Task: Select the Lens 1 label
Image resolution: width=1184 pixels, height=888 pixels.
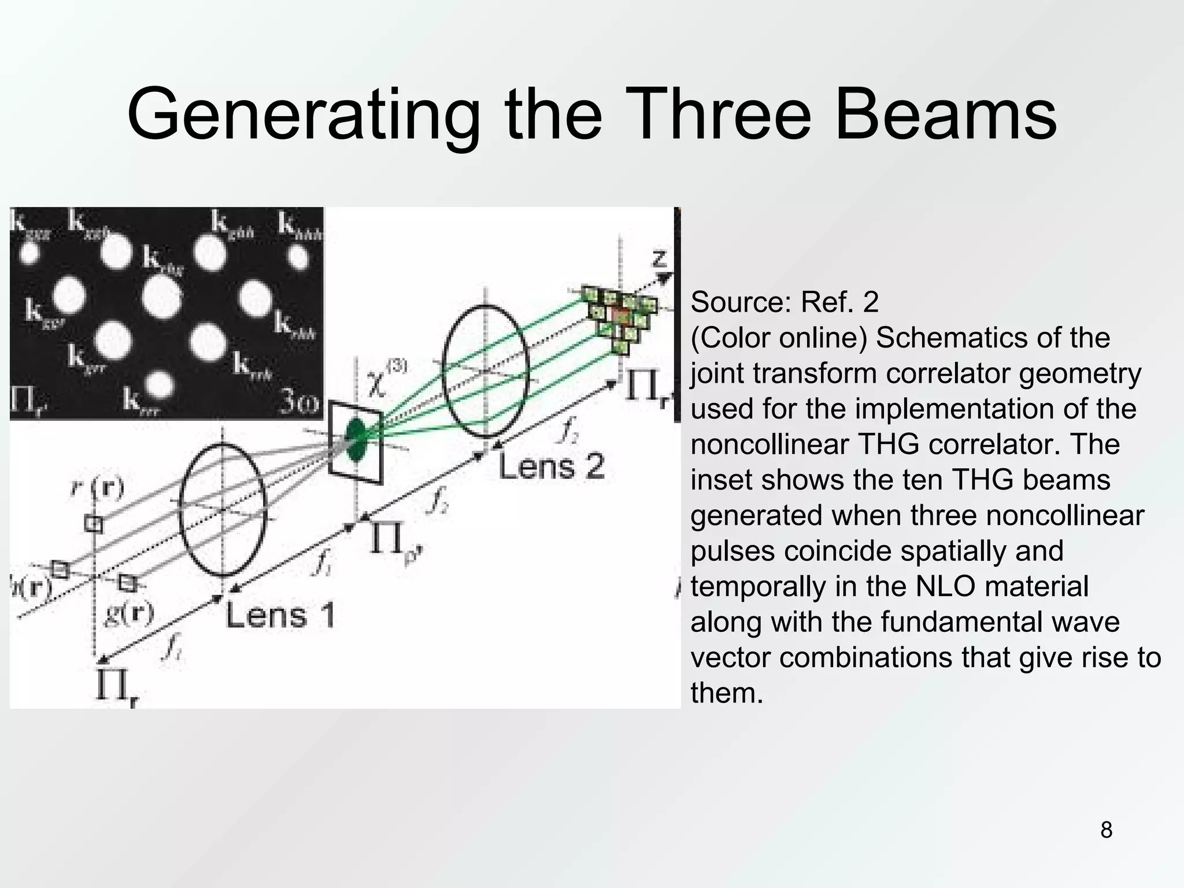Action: tap(280, 615)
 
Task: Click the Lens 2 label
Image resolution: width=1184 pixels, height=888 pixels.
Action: tap(552, 467)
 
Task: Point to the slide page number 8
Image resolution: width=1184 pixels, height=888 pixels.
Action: tap(1106, 830)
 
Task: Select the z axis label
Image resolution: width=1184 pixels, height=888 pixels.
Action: tap(660, 257)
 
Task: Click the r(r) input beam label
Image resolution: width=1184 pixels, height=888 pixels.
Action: tap(98, 489)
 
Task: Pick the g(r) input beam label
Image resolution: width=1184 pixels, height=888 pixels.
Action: tap(128, 612)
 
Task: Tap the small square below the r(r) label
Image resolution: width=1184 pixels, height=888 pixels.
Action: tap(93, 524)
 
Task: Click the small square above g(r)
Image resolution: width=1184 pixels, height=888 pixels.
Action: tap(127, 582)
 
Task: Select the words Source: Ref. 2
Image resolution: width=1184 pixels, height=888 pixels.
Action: tap(784, 302)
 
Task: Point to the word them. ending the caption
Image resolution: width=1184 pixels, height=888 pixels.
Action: tap(727, 693)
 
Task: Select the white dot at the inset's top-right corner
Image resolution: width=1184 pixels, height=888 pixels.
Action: tap(298, 256)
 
